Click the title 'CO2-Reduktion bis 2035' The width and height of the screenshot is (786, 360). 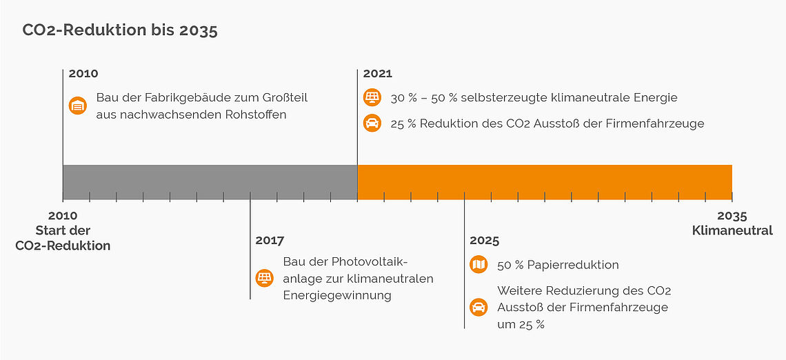pos(120,30)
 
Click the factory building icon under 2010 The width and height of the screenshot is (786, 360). pos(78,106)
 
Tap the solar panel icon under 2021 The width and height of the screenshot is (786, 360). pos(372,98)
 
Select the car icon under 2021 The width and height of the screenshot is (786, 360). pos(372,123)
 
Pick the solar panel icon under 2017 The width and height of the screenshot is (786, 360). pos(264,279)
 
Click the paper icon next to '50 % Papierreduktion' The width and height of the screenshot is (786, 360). pos(478,265)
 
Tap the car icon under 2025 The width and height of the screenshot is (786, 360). pos(478,308)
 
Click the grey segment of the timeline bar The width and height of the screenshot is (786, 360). pos(210,182)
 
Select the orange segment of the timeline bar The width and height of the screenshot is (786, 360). pos(544,182)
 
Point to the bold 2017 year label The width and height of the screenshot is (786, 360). pos(270,241)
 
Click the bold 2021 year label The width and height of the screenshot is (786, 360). pos(377,74)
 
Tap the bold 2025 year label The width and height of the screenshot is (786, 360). pos(484,241)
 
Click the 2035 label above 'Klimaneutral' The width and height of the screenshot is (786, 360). pos(732,216)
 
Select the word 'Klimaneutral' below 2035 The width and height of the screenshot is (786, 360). pos(732,231)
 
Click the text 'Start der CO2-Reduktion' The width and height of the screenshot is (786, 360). pos(63,238)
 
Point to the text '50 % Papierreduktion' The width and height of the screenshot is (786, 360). pos(558,265)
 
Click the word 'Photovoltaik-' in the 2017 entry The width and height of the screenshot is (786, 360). pos(370,262)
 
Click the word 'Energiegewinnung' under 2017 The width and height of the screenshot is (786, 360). pos(337,295)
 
